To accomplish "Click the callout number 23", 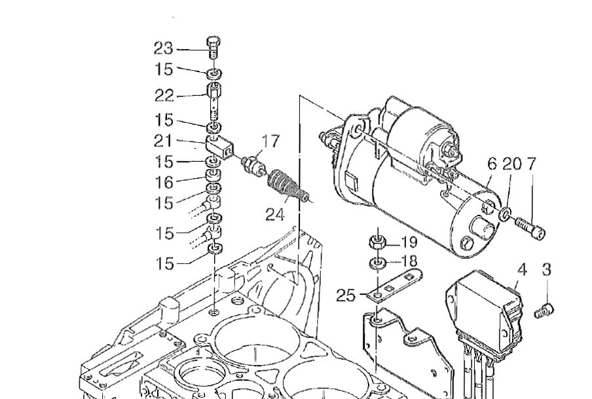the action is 163,48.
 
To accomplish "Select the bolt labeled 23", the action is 213,47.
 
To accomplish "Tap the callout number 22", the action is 164,95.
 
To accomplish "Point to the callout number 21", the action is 163,141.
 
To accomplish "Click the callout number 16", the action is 164,183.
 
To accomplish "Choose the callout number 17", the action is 270,141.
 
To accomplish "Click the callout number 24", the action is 275,215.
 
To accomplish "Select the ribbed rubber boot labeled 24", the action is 287,185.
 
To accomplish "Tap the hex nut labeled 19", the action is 377,242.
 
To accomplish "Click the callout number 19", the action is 409,242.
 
